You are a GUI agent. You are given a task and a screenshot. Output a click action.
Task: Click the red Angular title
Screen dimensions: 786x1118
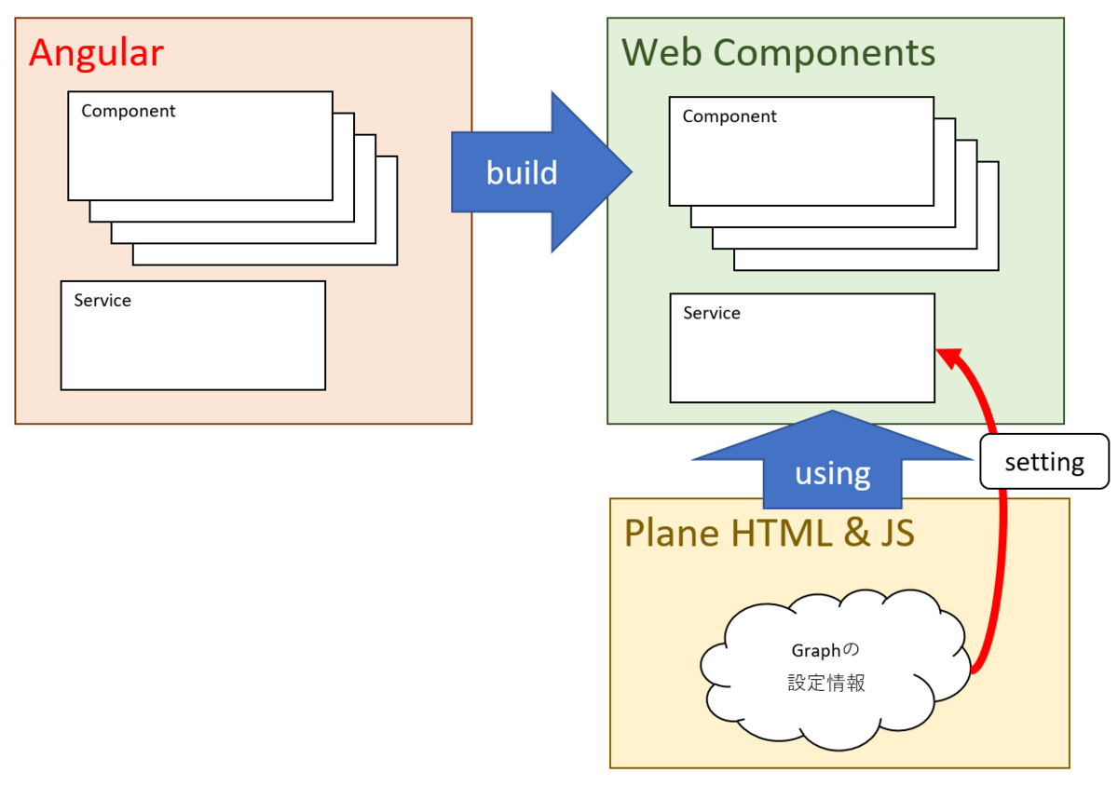point(96,53)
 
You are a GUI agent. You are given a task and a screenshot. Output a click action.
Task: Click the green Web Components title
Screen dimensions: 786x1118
point(778,53)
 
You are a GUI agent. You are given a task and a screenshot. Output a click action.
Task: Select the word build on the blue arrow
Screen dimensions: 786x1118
point(522,172)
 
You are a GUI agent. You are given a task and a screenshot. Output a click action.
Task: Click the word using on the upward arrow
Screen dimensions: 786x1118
point(832,473)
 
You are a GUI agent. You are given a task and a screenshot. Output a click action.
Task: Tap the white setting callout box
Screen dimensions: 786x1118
point(1044,462)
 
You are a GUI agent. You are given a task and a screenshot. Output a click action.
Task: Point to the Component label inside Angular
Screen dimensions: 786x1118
point(129,111)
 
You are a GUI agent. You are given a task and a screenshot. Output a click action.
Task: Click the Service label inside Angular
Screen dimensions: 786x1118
point(102,301)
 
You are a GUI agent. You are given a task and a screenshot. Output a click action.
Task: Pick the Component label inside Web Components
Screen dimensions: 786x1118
point(729,116)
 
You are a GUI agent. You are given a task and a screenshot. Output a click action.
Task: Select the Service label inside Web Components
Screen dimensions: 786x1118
point(712,313)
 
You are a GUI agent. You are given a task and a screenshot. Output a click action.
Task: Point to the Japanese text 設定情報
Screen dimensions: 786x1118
point(826,684)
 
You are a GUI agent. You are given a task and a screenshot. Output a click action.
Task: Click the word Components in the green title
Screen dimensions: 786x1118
point(821,53)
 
